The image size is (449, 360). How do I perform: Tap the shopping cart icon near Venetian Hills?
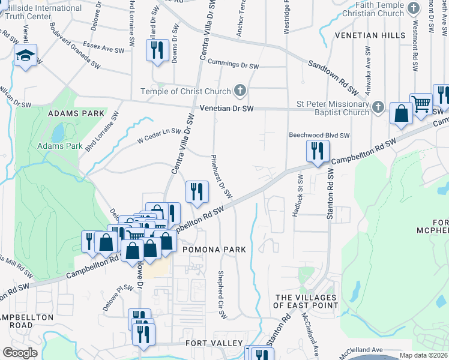click(x=421, y=104)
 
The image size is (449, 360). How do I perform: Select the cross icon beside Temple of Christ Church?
click(x=240, y=91)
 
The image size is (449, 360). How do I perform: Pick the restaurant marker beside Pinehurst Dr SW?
click(x=196, y=191)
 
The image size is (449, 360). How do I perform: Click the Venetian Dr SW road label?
click(x=228, y=109)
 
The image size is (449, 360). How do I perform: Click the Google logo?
click(x=20, y=353)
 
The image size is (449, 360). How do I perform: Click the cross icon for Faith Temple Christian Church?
click(x=414, y=9)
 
